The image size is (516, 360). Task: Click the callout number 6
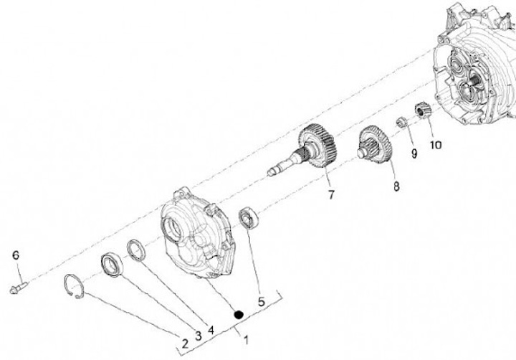coord(16,255)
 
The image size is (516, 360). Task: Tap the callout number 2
coord(186,344)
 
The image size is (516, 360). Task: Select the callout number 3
coord(199,336)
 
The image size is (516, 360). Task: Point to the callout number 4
coord(211,330)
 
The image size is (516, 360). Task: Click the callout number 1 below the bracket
coord(246,340)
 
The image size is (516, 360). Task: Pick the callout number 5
coord(262,302)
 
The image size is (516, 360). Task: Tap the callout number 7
coord(331,194)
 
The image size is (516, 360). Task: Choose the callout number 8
coord(396,186)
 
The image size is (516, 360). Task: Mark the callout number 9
coord(414,153)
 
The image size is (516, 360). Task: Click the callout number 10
coord(436,145)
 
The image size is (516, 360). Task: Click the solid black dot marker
coord(238,315)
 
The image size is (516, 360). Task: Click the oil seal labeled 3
coord(113,264)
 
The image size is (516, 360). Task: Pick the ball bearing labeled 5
coord(249,217)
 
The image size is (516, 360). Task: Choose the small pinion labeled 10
coord(421,110)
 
